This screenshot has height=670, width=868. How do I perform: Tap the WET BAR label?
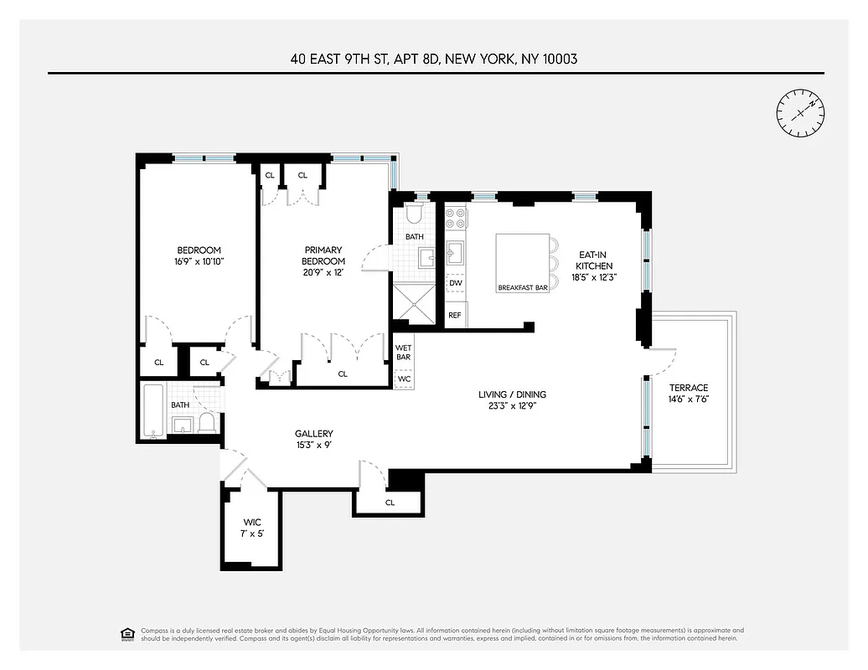403,352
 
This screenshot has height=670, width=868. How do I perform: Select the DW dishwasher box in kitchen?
456,283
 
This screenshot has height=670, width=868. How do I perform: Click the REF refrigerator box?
455,315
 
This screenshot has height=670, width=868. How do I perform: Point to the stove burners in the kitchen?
456,219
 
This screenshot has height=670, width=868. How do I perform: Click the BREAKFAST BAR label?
522,287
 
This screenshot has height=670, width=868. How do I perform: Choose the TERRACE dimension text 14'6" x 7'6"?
688,400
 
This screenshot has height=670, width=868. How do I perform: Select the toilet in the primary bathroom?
414,216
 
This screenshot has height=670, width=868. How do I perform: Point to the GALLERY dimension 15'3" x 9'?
314,446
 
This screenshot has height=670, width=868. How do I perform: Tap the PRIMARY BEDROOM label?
323,255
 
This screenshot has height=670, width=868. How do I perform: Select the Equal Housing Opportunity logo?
127,633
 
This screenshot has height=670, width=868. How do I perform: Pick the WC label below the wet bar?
403,379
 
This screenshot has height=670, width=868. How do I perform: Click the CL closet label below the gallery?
390,502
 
